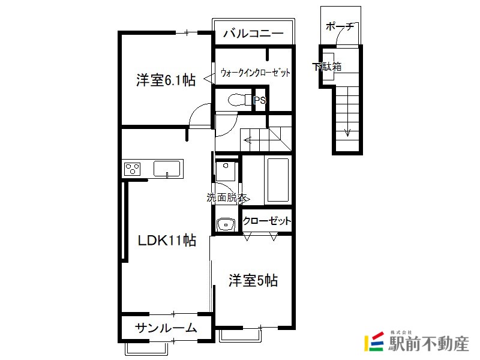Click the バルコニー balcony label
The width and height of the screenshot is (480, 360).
click(253, 33)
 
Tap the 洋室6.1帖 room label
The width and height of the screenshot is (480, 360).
click(166, 80)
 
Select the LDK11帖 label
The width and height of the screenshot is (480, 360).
click(167, 241)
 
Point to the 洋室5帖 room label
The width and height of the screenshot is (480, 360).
click(253, 280)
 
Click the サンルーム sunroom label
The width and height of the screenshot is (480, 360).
click(166, 328)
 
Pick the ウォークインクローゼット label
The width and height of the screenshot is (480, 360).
click(255, 73)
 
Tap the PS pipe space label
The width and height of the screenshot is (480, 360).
click(260, 100)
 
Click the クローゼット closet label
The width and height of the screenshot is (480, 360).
click(266, 221)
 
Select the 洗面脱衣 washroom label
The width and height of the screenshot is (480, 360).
click(226, 197)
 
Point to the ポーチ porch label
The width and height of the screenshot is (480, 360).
click(340, 26)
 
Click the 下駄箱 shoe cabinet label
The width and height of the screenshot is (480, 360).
click(326, 67)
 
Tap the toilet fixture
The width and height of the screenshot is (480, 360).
click(240, 100)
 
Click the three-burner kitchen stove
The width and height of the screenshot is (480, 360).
click(133, 169)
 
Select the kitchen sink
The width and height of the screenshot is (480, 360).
click(167, 169)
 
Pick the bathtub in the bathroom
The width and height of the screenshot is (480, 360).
click(278, 179)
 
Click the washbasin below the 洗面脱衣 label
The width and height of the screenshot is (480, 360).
click(226, 224)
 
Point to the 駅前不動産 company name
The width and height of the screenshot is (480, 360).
click(428, 344)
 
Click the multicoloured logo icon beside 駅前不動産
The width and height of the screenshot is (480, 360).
click(374, 341)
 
